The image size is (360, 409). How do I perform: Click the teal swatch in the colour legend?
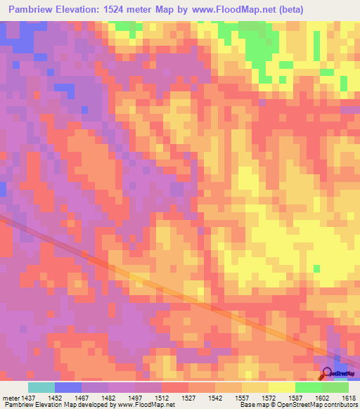(x=41, y=387)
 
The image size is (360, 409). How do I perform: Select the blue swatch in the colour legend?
(x=68, y=387)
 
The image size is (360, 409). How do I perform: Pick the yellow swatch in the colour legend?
(x=282, y=387)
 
